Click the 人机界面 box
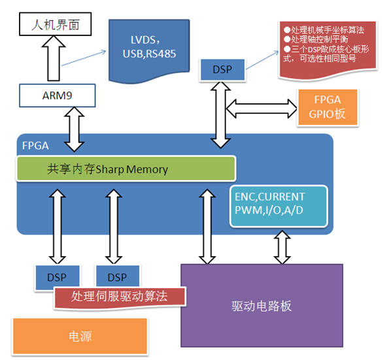(x=56, y=24)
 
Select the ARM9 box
(x=58, y=95)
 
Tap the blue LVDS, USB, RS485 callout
(x=149, y=50)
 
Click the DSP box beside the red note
(x=222, y=69)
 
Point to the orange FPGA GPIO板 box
(x=328, y=107)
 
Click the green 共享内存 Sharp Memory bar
(x=126, y=169)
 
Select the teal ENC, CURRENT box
(x=278, y=206)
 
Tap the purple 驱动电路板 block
(x=261, y=306)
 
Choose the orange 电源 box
(x=80, y=336)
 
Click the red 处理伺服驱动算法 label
(x=120, y=297)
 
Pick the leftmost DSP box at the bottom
(x=57, y=276)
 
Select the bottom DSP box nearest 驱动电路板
(x=118, y=276)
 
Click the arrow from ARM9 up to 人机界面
(x=54, y=58)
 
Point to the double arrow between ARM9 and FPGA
(x=74, y=129)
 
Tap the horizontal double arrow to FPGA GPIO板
(x=261, y=108)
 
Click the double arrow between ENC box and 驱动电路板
(x=282, y=247)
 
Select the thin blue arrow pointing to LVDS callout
(x=84, y=58)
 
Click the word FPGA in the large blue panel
(x=35, y=146)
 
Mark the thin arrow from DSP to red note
(x=262, y=60)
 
